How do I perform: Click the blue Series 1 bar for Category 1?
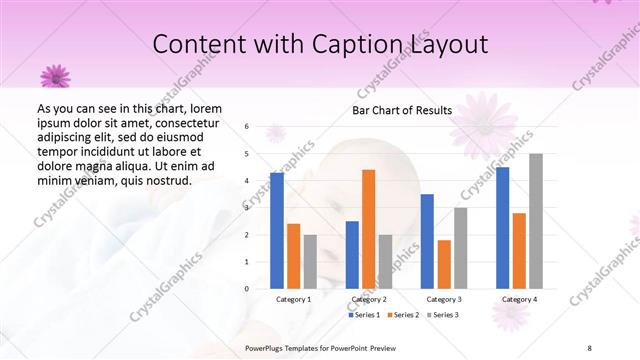(x=277, y=230)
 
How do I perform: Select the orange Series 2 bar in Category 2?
(x=368, y=229)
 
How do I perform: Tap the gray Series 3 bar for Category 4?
(x=536, y=221)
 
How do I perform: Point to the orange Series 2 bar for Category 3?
(x=444, y=264)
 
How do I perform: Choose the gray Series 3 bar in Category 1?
(x=310, y=261)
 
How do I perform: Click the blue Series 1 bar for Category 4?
(x=502, y=227)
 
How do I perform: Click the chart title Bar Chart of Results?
(x=402, y=110)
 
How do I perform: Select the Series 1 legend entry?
(x=365, y=315)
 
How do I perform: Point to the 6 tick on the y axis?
(x=247, y=127)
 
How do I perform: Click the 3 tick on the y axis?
(x=247, y=208)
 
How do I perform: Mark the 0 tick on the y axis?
(x=247, y=289)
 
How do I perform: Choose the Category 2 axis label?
(x=369, y=299)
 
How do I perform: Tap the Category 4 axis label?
(x=519, y=299)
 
